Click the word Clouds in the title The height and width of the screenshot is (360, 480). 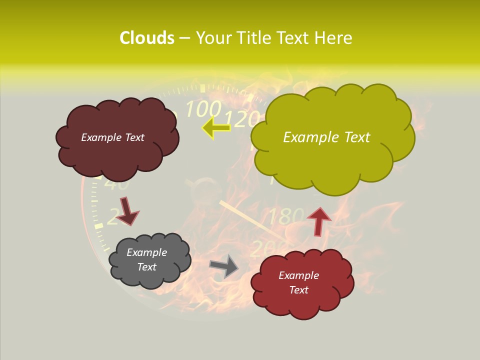pyautogui.click(x=146, y=38)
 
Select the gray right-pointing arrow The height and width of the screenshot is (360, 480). pyautogui.click(x=224, y=266)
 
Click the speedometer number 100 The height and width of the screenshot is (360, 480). pyautogui.click(x=203, y=108)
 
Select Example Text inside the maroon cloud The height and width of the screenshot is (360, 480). pyautogui.click(x=112, y=137)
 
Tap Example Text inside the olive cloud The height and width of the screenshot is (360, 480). pyautogui.click(x=326, y=137)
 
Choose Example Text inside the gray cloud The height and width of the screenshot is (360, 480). pyautogui.click(x=146, y=259)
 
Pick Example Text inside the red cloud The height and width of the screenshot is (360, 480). pyautogui.click(x=298, y=282)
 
